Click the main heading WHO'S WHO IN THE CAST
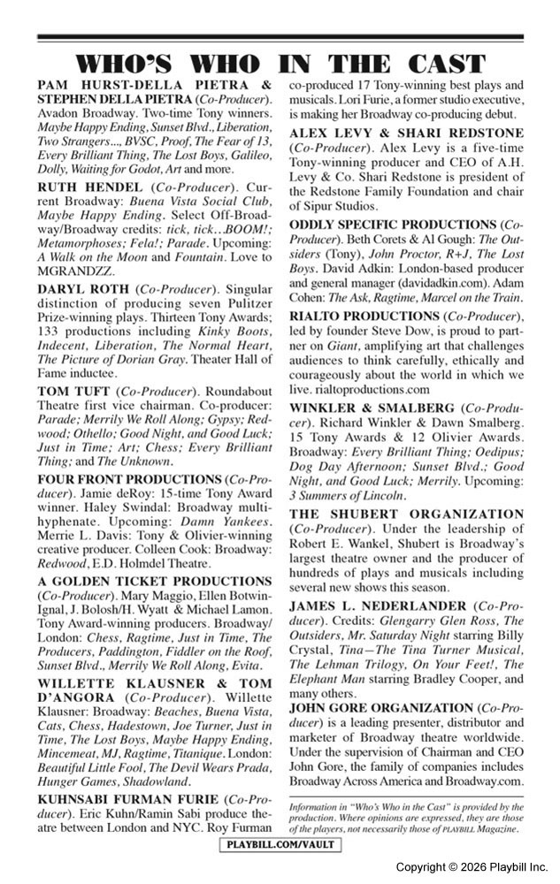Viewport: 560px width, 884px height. (280, 65)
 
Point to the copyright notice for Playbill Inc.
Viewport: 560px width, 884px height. (472, 867)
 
